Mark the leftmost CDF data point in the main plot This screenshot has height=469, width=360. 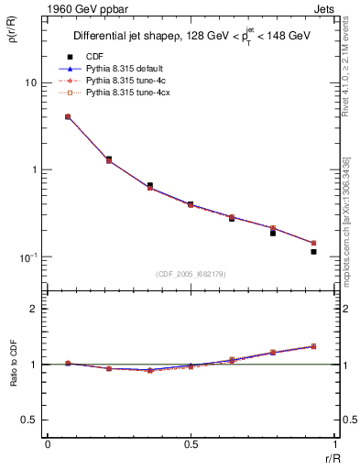coord(68,117)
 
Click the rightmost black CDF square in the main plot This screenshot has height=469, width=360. coord(313,251)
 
